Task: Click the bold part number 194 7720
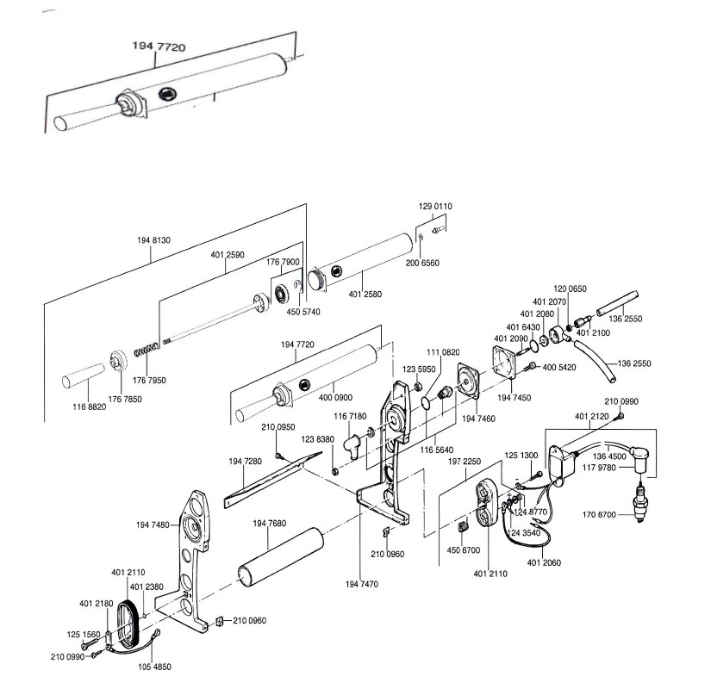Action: (159, 47)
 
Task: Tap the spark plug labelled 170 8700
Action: (639, 502)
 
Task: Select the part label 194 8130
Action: (153, 240)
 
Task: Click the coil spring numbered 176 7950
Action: (146, 350)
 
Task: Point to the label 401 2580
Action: (365, 295)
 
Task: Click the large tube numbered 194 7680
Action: (281, 557)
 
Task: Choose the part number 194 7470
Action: (361, 584)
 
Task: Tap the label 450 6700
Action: (463, 550)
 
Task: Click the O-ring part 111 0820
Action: (427, 402)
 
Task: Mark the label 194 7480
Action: (153, 525)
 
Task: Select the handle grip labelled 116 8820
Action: (83, 376)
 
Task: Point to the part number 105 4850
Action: (154, 667)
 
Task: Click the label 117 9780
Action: (599, 468)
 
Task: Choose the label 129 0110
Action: (435, 206)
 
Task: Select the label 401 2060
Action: (544, 562)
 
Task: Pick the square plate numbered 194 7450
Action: (505, 363)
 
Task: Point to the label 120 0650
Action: (570, 289)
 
